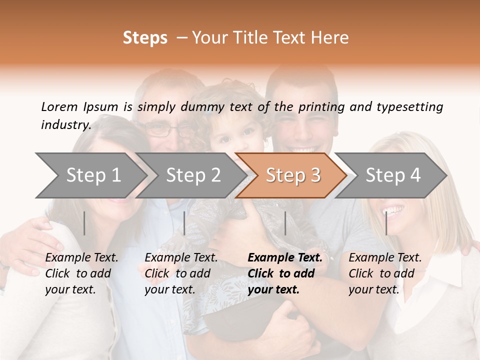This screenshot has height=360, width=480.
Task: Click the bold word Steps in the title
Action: (145, 38)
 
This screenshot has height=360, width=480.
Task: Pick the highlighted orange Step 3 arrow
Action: (293, 175)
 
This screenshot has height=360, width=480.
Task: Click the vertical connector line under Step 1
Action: (84, 223)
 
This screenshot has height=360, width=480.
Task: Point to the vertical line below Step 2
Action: (184, 223)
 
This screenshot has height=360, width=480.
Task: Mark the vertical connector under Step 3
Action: (285, 223)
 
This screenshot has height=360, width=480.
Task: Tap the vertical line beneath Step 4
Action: (386, 223)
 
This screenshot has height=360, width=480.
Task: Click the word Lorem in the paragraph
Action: (59, 106)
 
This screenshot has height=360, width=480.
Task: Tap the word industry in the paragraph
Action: (65, 124)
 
